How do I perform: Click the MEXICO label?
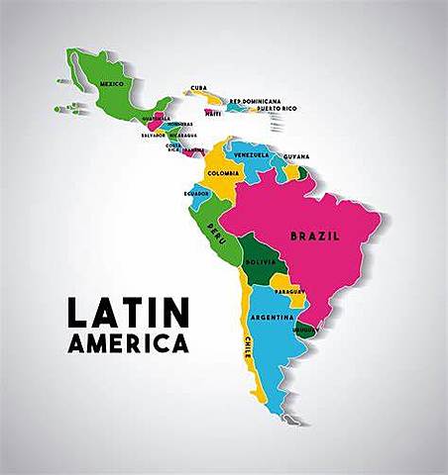[x=112, y=84]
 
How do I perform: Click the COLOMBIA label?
[x=223, y=173]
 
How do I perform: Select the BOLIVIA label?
[x=260, y=261]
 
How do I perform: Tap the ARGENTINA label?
[x=272, y=317]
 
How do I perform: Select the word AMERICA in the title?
[x=128, y=345]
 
